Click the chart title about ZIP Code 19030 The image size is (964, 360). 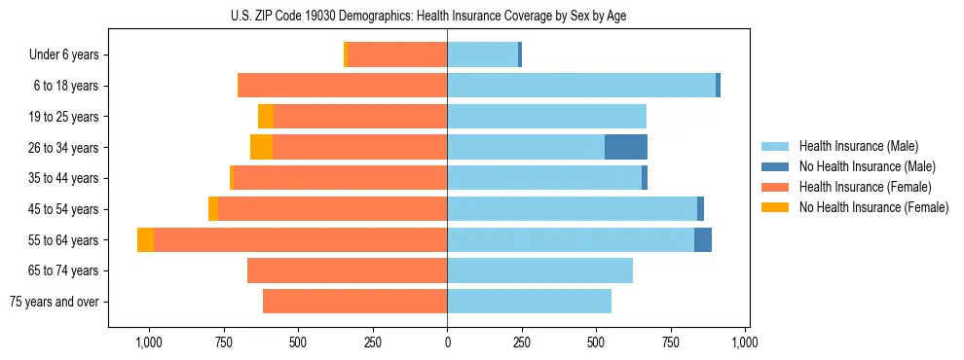447,14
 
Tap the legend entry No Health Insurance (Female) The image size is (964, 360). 873,207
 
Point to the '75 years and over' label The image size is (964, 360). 54,302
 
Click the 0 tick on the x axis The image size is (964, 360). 447,342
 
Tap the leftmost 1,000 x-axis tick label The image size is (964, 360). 149,342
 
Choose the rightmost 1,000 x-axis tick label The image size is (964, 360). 745,342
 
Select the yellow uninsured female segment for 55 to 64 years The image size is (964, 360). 145,240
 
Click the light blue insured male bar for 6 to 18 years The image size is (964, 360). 581,86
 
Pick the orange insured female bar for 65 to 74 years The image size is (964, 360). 347,270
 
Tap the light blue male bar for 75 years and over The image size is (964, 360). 529,302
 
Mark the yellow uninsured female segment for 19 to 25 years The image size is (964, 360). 266,117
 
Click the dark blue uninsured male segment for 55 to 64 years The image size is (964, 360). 703,240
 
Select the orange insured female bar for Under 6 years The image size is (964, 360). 397,55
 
